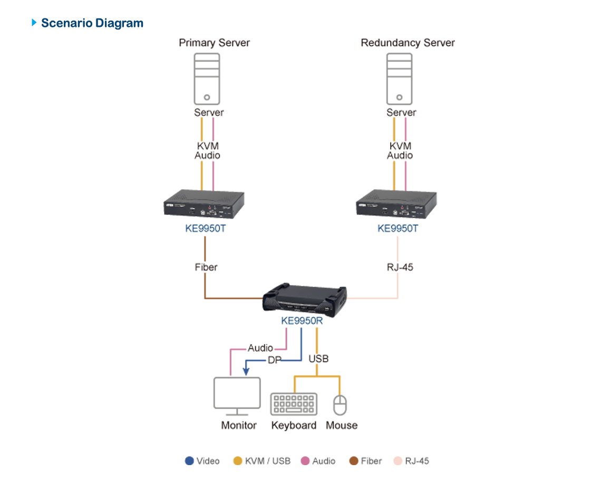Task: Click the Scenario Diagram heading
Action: (92, 23)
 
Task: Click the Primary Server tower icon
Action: (207, 78)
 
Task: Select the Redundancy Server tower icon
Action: (399, 78)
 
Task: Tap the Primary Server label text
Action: (214, 43)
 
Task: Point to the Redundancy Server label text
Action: (408, 43)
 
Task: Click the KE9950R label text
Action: (301, 320)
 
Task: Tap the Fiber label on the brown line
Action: (206, 268)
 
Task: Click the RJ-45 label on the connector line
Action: (400, 268)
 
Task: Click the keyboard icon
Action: (293, 405)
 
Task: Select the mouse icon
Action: (340, 405)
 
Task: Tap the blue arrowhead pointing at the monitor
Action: (246, 371)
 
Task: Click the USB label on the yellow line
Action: (319, 359)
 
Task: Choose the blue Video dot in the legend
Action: (189, 461)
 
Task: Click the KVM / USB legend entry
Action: (262, 461)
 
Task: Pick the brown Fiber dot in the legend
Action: (354, 461)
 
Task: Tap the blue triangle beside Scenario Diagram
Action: (34, 23)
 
